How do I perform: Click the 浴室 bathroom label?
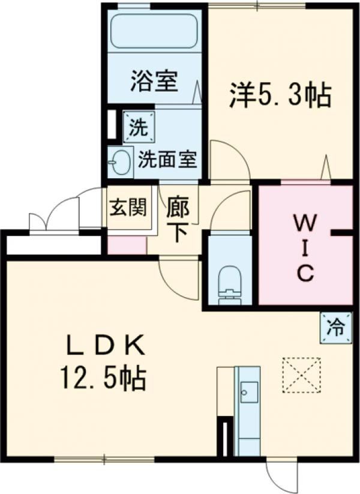coord(154,81)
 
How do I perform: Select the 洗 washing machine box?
coord(139,128)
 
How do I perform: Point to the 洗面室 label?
coord(168,160)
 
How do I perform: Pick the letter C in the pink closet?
coord(304,273)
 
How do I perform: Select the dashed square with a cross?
coord(301,375)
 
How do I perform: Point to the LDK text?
coord(105,348)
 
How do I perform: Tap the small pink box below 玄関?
coord(127,245)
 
